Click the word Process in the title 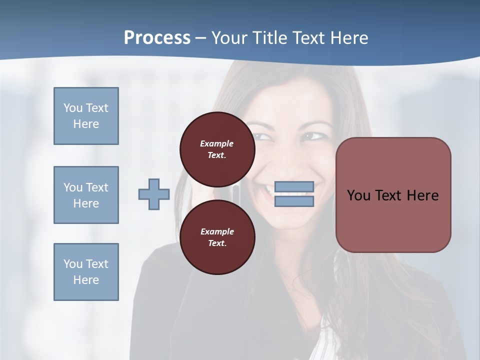pyautogui.click(x=157, y=38)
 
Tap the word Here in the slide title pyautogui.click(x=349, y=38)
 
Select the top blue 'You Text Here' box pyautogui.click(x=86, y=116)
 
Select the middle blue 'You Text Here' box pyautogui.click(x=86, y=195)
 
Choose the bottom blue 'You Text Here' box pyautogui.click(x=86, y=272)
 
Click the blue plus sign pyautogui.click(x=154, y=194)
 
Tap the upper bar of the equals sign pyautogui.click(x=294, y=187)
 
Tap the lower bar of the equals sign pyautogui.click(x=294, y=201)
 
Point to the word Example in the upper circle pyautogui.click(x=217, y=143)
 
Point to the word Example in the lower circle pyautogui.click(x=217, y=231)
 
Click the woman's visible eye pyautogui.click(x=313, y=135)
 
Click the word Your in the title pyautogui.click(x=229, y=38)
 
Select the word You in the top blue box pyautogui.click(x=72, y=108)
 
